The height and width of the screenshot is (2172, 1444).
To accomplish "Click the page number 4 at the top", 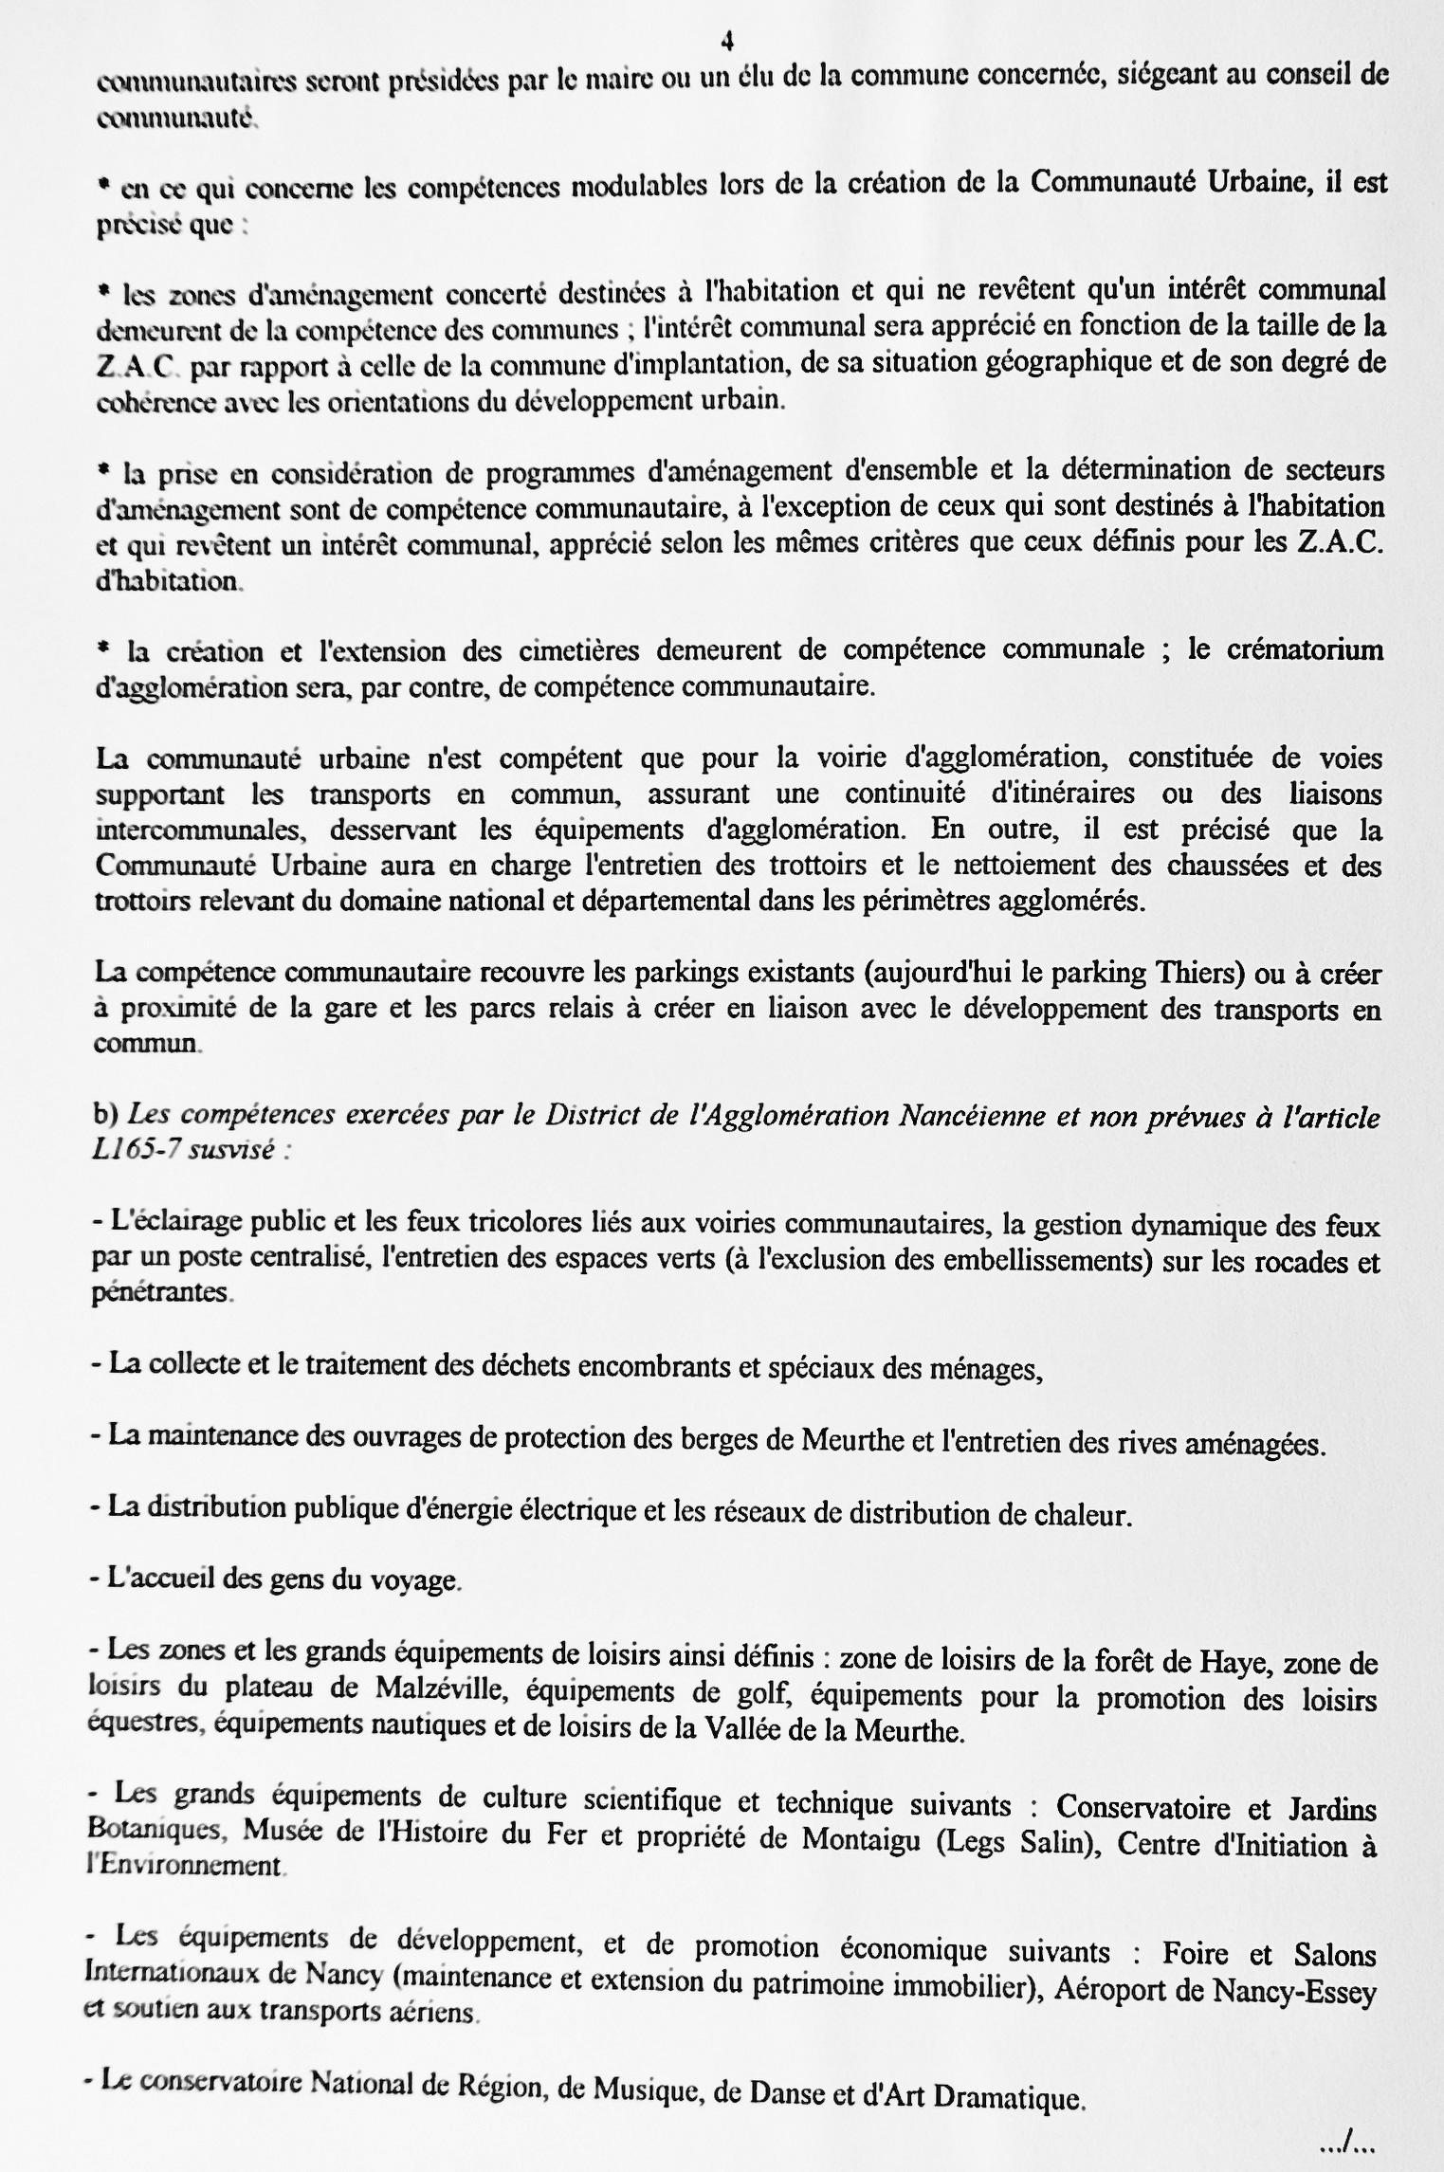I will [x=726, y=41].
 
